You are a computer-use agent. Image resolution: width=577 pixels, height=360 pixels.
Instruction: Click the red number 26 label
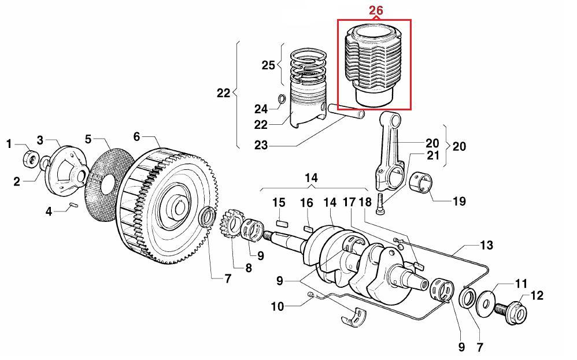375,10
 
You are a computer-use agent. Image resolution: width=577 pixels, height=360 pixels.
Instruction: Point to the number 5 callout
88,139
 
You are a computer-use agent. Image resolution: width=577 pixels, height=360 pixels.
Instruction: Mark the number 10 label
278,306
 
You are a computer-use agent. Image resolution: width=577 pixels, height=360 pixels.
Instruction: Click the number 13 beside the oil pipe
486,246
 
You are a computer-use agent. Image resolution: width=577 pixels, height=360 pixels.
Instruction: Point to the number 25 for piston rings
268,65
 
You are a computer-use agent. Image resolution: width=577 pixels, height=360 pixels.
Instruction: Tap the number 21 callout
433,155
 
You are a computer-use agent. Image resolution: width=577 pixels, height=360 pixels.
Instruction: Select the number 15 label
279,202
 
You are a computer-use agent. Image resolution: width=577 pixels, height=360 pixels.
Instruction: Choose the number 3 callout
40,140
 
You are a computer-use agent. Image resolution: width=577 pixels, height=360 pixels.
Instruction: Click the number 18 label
364,202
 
